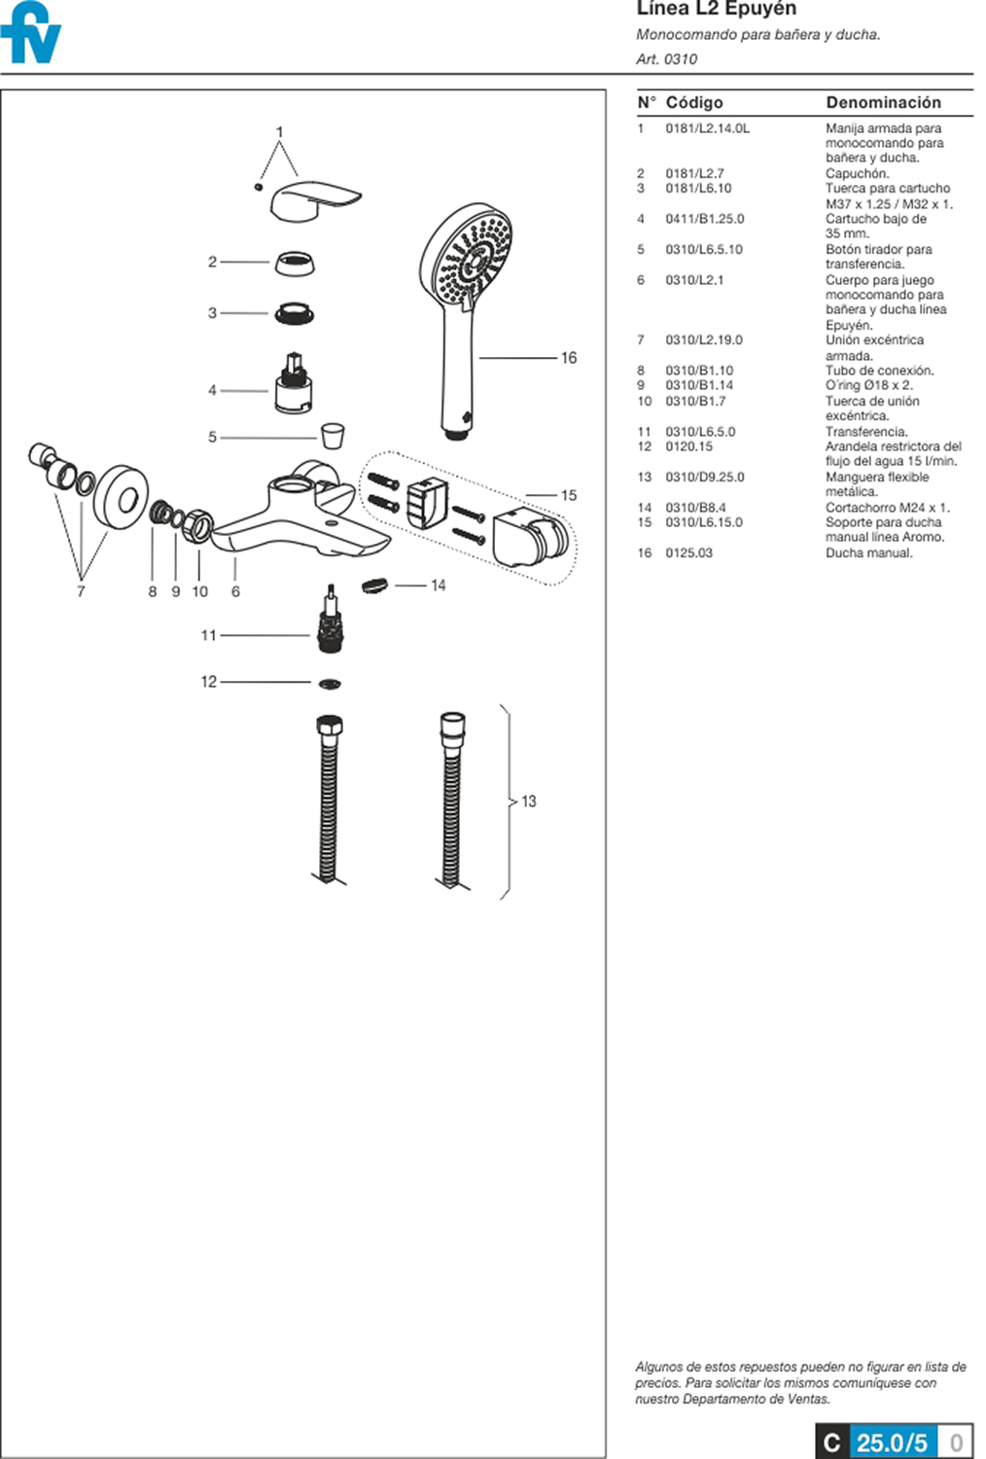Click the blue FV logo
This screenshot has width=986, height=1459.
click(x=31, y=34)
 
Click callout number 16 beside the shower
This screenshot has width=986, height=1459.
click(x=569, y=358)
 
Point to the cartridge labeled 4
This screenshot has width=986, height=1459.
click(x=294, y=385)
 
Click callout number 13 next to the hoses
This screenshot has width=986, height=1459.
click(x=529, y=801)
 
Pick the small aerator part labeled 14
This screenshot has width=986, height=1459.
click(x=374, y=585)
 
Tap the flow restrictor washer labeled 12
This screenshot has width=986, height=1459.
click(x=330, y=684)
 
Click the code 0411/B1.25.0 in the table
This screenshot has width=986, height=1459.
click(x=704, y=219)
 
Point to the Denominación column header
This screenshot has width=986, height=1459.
click(x=883, y=102)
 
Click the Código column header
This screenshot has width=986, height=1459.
click(x=694, y=102)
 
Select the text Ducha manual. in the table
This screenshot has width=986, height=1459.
click(x=868, y=552)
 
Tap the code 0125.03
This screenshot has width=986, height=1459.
click(x=688, y=552)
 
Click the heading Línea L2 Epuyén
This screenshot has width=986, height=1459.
click(x=716, y=9)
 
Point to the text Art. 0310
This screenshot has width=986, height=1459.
click(x=666, y=59)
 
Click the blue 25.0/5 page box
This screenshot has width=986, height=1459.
click(x=892, y=1441)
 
